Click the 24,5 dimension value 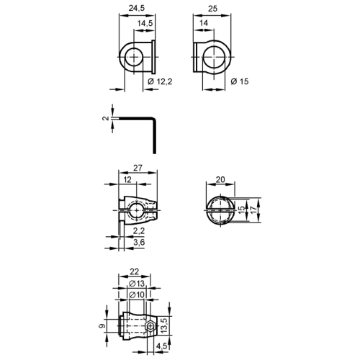[137, 8]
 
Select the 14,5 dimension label [145, 23]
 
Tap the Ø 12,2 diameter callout [160, 81]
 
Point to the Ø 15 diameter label [240, 81]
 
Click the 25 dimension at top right [212, 9]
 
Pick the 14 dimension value [204, 23]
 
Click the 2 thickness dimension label [106, 118]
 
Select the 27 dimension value [138, 168]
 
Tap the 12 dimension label [127, 179]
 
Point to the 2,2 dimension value [139, 231]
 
